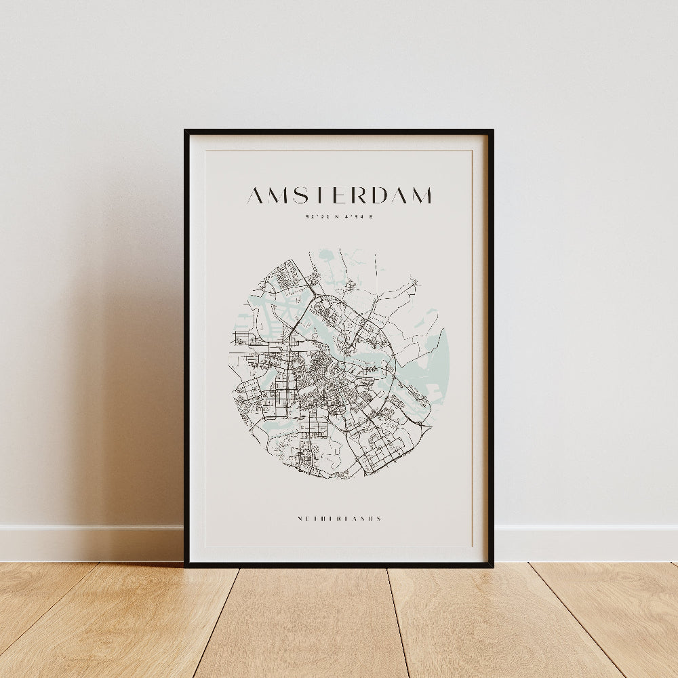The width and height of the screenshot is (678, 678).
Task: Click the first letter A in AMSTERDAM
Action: pyautogui.click(x=255, y=196)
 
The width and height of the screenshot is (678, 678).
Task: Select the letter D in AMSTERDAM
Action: pyautogui.click(x=378, y=196)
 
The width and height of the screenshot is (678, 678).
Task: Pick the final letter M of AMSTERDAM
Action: pyautogui.click(x=421, y=196)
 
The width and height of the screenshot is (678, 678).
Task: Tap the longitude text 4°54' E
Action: pyautogui.click(x=359, y=217)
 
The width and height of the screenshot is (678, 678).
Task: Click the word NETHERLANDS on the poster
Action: pyautogui.click(x=339, y=519)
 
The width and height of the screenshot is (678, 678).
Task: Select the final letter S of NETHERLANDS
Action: pyautogui.click(x=379, y=519)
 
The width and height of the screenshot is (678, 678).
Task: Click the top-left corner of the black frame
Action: pyautogui.click(x=186, y=131)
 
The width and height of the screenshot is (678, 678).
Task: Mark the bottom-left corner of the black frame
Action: pyautogui.click(x=186, y=565)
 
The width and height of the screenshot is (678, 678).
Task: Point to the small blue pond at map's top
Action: pyautogui.click(x=327, y=256)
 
